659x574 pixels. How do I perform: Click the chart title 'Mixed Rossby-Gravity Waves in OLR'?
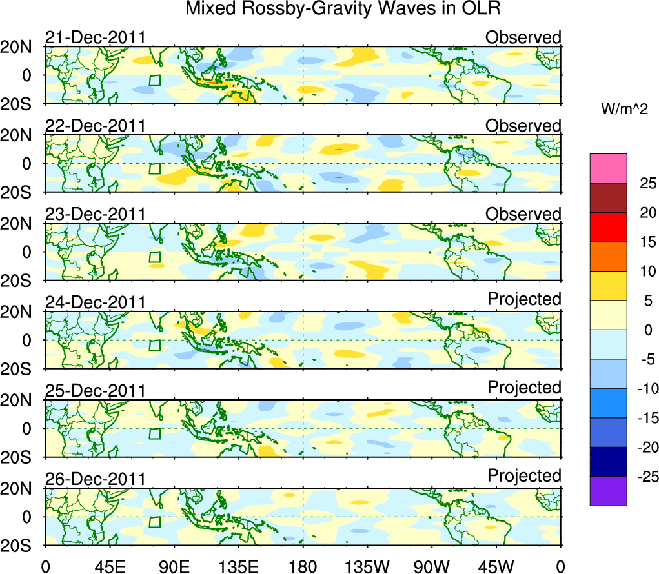pos(343,9)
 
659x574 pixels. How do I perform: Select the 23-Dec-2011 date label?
pos(95,214)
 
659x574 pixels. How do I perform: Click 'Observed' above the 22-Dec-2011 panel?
pos(523,126)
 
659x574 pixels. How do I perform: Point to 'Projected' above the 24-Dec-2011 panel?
pos(524,299)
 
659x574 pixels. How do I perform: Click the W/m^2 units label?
pos(625,110)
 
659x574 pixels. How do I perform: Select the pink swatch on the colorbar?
pos(607,168)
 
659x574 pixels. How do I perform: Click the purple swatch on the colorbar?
pos(607,491)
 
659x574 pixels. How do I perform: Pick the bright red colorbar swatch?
pos(607,227)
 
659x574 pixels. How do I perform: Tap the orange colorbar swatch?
pos(607,257)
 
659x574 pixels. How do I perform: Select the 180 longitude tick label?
pos(303,566)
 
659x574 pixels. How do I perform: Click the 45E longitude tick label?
pos(109,566)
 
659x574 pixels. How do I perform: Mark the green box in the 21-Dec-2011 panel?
pos(154,81)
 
